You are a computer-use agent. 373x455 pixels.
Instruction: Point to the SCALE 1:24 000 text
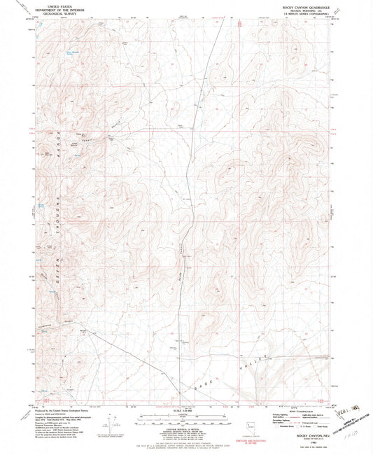tap(186, 409)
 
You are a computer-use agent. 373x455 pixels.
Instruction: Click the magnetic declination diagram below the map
tap(111, 420)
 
